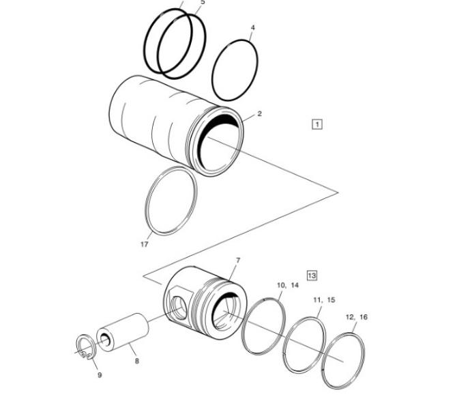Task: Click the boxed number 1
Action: click(316, 124)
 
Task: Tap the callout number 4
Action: click(252, 29)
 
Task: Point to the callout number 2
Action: click(259, 113)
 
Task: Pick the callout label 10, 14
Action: click(287, 284)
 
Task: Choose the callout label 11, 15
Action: click(324, 300)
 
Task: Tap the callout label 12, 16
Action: click(356, 317)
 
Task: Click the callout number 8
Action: click(135, 360)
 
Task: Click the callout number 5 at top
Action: click(202, 2)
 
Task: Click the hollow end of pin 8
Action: click(106, 338)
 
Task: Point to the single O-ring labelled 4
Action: click(235, 70)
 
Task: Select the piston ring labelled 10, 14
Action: click(265, 326)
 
